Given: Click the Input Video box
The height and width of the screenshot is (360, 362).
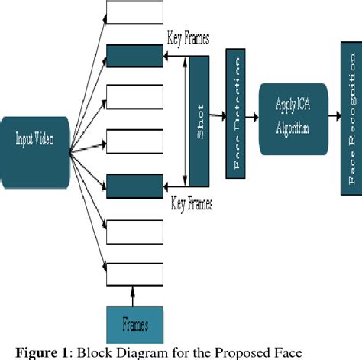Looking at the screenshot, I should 34,139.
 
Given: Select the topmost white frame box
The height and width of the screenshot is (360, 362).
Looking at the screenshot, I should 134,12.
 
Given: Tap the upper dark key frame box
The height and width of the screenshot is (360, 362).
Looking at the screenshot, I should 134,56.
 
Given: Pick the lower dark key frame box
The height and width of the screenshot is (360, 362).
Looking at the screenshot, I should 134,186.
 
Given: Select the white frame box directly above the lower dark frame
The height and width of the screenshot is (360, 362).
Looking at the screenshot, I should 134,142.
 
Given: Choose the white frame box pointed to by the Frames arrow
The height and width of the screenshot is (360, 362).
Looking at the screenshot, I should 134,273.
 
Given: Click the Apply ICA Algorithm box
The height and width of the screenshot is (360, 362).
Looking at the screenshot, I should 288,117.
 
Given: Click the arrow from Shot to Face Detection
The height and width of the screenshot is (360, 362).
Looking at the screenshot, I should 218,116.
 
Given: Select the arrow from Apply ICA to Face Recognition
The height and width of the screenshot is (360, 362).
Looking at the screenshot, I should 329,116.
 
